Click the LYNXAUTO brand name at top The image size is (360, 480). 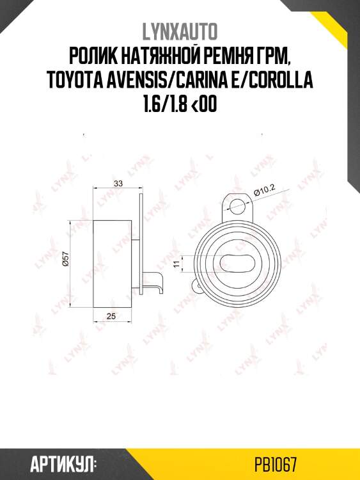click(180, 32)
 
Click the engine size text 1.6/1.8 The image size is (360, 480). click(162, 105)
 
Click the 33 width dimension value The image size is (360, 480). click(118, 184)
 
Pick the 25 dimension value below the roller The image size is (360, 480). click(112, 316)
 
